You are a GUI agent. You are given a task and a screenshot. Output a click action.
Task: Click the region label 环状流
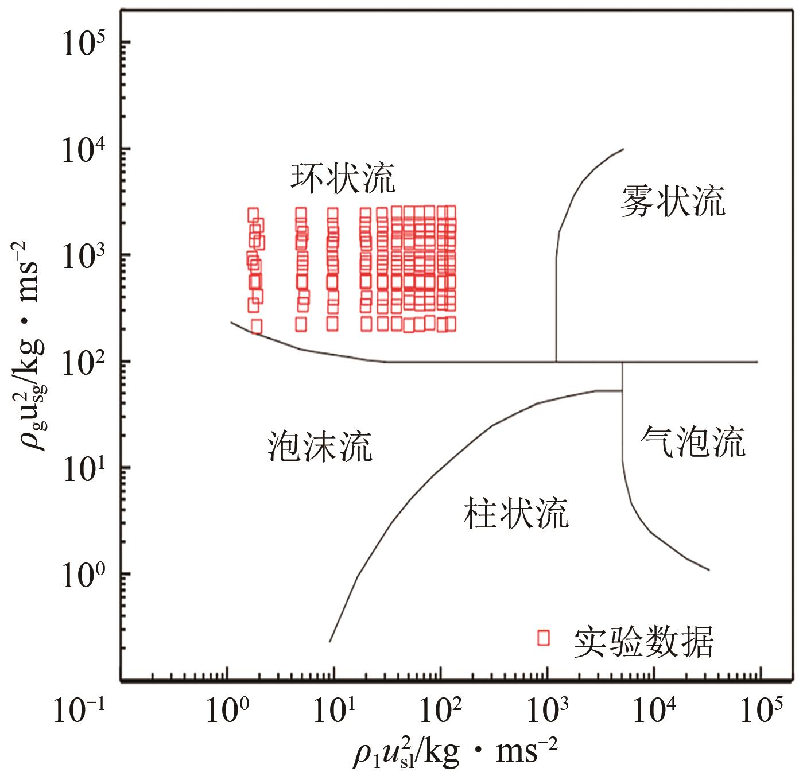pyautogui.click(x=343, y=179)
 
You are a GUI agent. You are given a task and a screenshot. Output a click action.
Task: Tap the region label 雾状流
pyautogui.click(x=673, y=201)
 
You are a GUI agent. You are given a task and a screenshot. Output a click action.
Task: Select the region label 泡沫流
pyautogui.click(x=320, y=446)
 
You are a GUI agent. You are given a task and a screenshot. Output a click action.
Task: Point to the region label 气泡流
pyautogui.click(x=693, y=441)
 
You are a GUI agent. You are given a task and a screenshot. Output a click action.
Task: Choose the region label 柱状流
pyautogui.click(x=515, y=512)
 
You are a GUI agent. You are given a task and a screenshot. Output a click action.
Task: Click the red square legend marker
pyautogui.click(x=543, y=637)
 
